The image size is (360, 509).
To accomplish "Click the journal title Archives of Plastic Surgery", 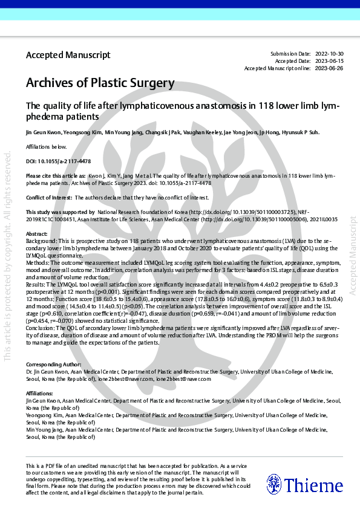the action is coord(100,83).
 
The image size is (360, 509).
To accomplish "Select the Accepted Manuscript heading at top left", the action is coord(68,55).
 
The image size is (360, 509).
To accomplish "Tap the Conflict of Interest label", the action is coord(48,198).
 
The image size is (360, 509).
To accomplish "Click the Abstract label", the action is coord(37,234).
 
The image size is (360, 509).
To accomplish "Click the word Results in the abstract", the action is coord(36,284).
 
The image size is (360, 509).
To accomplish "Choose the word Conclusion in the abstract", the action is coord(41,327).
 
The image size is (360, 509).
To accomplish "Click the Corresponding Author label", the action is coord(53,365).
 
